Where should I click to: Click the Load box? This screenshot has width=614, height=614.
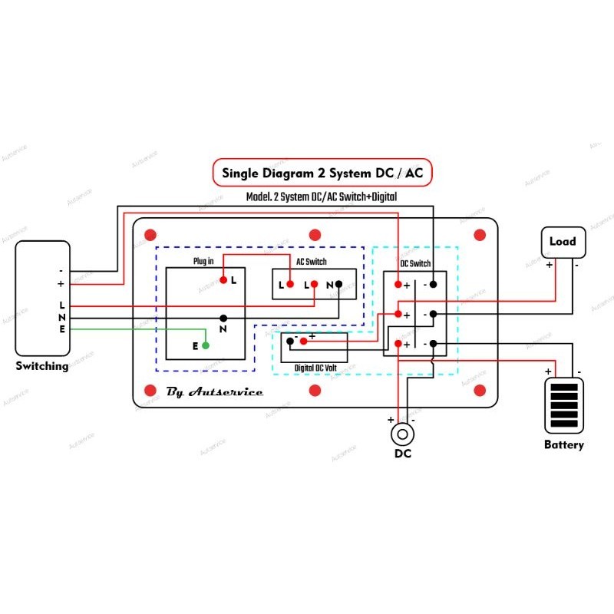[x=563, y=242]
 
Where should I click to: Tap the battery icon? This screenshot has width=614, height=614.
[x=564, y=406]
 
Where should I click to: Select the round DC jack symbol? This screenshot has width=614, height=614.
[x=401, y=434]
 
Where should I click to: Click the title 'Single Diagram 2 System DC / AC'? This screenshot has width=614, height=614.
[x=322, y=173]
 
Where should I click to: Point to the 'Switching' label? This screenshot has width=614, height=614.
[x=42, y=366]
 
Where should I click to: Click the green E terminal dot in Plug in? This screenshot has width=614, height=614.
[x=206, y=345]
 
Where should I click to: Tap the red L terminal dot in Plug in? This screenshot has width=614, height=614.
[x=223, y=279]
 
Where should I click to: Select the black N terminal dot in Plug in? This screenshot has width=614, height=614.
[x=223, y=318]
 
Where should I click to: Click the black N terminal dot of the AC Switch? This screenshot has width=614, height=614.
[x=338, y=285]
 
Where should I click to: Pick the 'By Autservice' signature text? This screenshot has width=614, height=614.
[x=214, y=391]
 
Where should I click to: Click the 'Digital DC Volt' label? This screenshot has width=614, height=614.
[x=315, y=368]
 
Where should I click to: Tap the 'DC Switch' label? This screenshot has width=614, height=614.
[x=415, y=264]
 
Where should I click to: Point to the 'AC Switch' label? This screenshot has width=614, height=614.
[x=312, y=261]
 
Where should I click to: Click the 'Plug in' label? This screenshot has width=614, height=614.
[x=203, y=262]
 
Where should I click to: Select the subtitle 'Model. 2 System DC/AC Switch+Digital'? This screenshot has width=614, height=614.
[x=322, y=197]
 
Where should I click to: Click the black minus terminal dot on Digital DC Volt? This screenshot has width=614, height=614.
[x=289, y=340]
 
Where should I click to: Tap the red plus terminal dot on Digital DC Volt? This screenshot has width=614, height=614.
[x=303, y=340]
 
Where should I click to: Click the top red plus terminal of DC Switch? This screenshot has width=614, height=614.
[x=398, y=285]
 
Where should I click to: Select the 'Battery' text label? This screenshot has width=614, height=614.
[x=564, y=444]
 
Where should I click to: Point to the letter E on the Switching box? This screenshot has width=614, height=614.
[x=62, y=329]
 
